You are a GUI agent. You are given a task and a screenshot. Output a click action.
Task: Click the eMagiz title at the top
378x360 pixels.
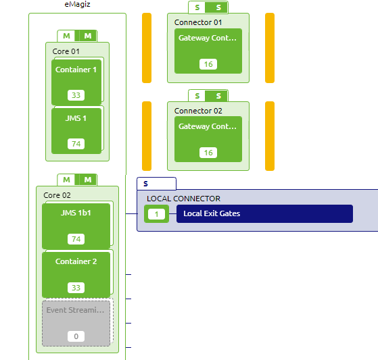77,5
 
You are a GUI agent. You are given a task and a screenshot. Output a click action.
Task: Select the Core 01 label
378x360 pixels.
66,51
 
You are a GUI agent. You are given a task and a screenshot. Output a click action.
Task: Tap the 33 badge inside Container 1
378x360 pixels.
76,95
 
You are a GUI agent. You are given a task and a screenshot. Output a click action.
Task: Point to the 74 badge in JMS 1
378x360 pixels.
76,144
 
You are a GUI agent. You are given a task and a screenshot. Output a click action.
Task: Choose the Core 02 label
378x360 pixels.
57,195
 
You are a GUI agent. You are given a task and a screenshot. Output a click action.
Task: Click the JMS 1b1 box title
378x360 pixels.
76,213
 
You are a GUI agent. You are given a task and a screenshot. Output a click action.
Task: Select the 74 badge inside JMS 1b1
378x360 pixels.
76,239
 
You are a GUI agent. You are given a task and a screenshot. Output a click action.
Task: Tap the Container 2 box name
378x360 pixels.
76,261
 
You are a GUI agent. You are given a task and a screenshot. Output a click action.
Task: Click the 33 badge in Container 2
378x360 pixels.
76,288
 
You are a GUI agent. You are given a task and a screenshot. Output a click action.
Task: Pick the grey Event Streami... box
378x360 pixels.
76,323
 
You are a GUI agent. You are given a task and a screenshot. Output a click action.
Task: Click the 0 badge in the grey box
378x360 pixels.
76,336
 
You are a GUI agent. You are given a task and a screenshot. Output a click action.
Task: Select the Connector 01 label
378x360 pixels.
198,22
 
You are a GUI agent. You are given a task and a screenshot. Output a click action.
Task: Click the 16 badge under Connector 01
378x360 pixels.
208,64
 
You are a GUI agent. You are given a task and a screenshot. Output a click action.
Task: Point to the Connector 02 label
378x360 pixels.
198,111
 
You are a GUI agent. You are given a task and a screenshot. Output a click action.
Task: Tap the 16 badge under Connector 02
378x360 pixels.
208,153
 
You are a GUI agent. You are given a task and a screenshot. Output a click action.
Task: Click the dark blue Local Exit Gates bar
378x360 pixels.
264,214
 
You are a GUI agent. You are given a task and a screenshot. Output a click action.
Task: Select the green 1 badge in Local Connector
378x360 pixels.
157,214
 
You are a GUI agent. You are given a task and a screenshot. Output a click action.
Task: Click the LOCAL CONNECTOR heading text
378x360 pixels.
183,199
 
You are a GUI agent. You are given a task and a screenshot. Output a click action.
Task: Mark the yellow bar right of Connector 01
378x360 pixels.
270,47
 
